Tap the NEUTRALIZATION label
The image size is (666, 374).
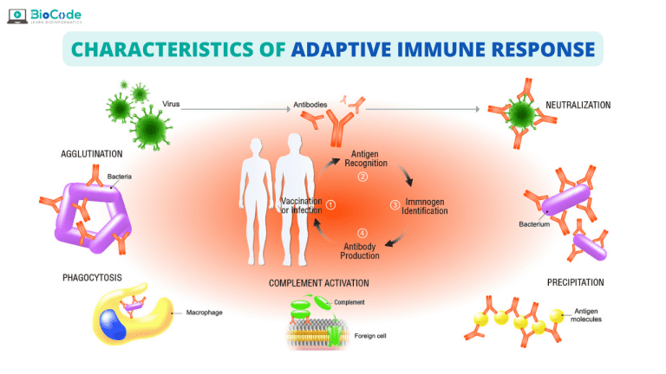(x=578, y=106)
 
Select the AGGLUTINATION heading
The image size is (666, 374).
(x=91, y=154)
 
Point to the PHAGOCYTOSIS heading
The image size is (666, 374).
(x=92, y=279)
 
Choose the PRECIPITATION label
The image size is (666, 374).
(x=575, y=282)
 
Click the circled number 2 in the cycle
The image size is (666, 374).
(x=363, y=177)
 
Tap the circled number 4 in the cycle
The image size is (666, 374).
(x=362, y=232)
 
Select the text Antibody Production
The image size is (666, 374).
(x=361, y=249)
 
